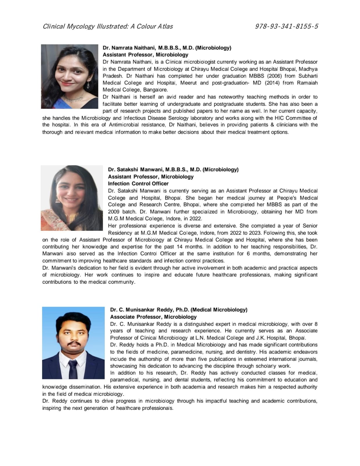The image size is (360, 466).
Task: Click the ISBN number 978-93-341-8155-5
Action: click(286, 27)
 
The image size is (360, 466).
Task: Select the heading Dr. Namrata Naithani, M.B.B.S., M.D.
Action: click(167, 48)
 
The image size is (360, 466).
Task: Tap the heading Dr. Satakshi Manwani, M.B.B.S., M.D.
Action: click(173, 170)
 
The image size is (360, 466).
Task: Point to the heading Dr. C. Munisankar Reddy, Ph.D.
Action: click(179, 310)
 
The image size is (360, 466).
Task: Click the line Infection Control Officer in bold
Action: click(138, 183)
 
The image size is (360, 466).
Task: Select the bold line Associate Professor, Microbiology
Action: click(153, 317)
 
